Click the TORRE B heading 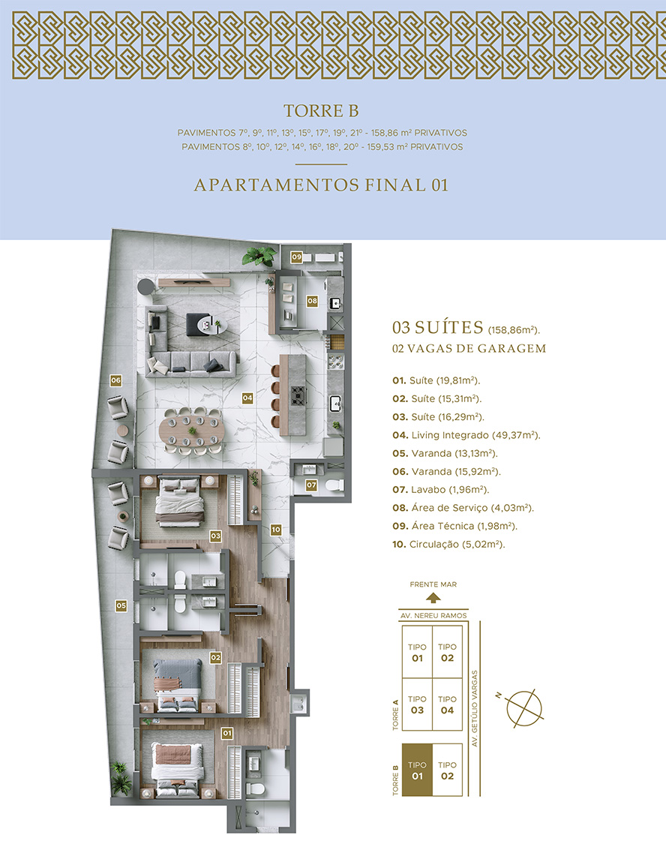[321, 111]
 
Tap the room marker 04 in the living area [247, 398]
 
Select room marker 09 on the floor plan [297, 257]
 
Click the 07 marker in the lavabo [312, 485]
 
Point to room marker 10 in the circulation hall [276, 530]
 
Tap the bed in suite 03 [178, 501]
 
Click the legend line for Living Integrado [466, 435]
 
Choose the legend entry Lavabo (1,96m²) [441, 489]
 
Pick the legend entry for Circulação [448, 544]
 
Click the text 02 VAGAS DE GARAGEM [469, 349]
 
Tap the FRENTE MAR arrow [433, 598]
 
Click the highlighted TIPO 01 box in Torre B [417, 770]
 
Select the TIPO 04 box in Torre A [447, 704]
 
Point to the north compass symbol [523, 708]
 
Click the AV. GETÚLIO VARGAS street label [475, 708]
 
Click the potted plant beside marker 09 [259, 256]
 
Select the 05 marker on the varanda [121, 605]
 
